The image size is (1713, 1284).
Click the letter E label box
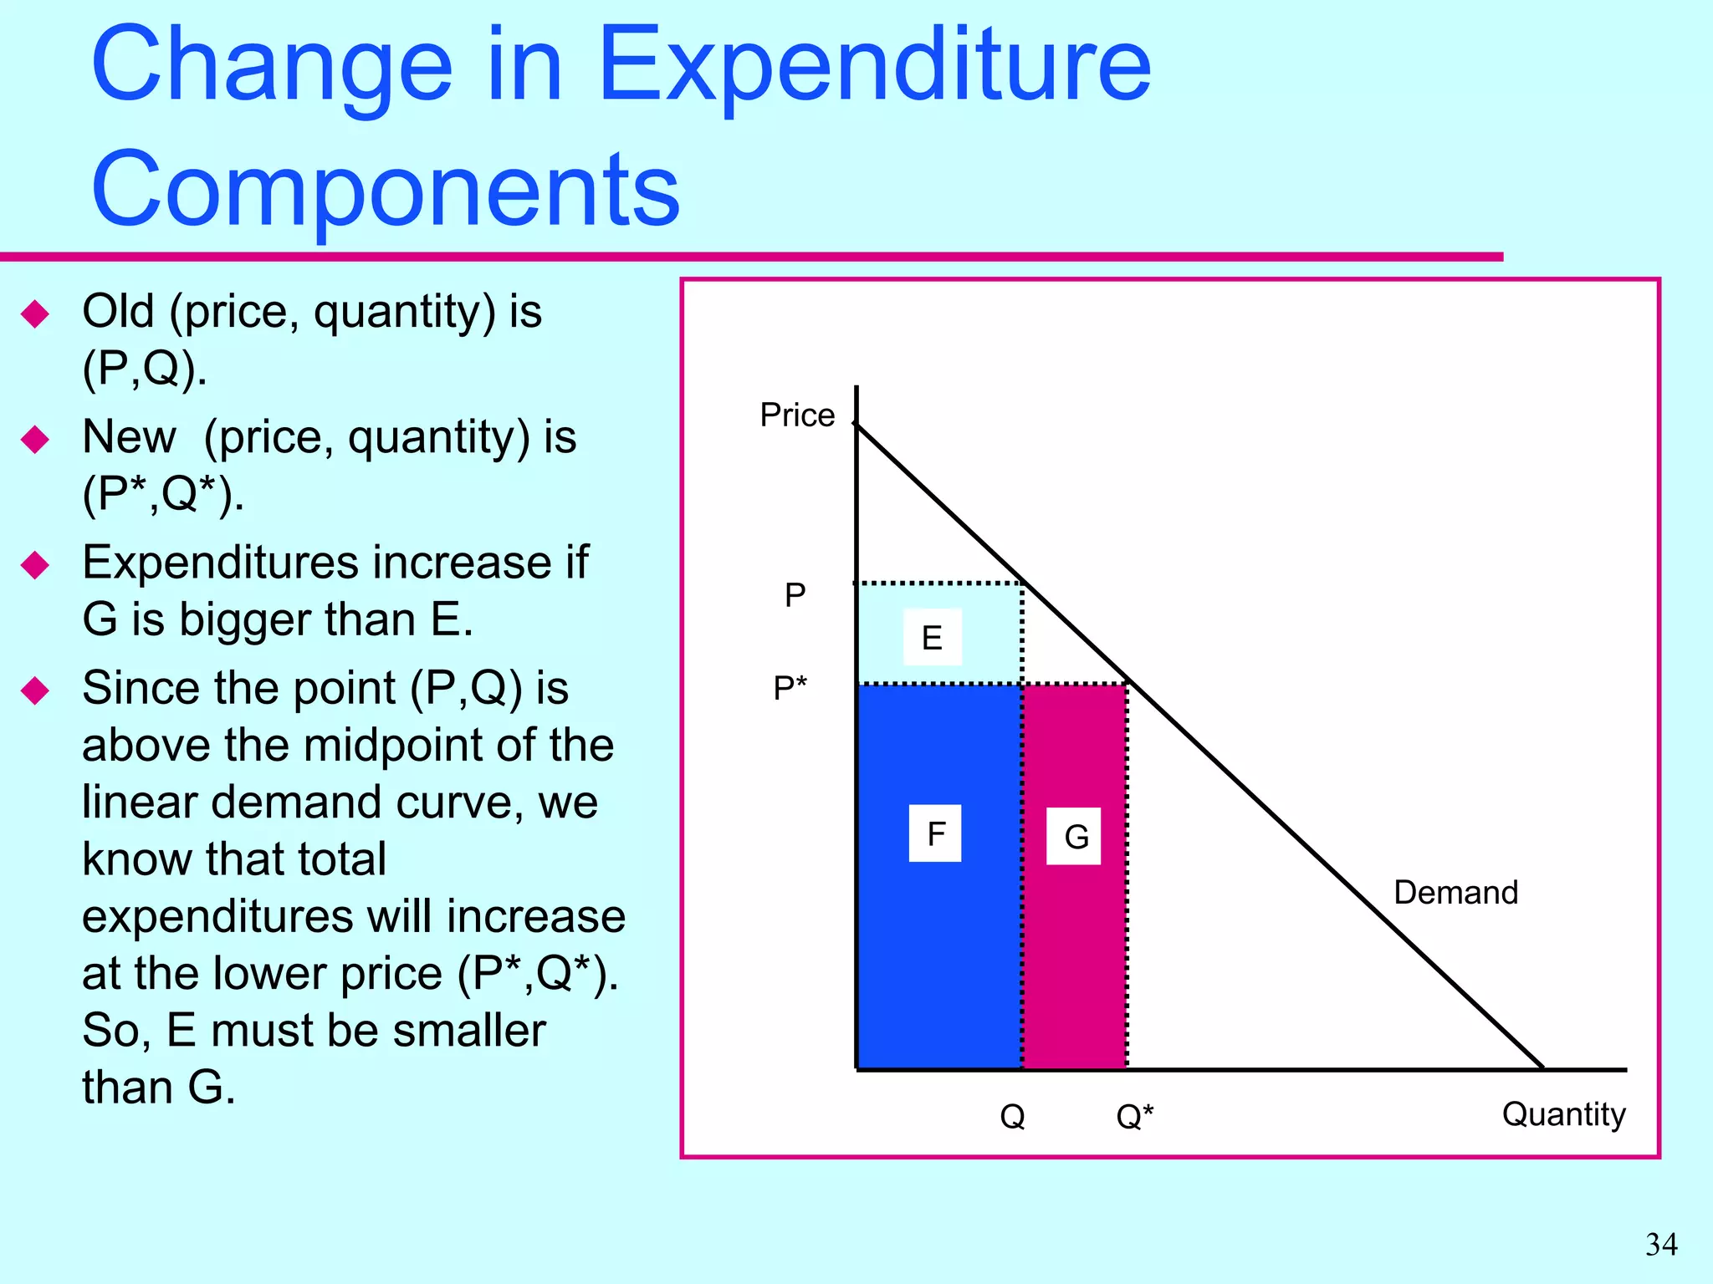pos(932,638)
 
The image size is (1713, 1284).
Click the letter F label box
pos(935,833)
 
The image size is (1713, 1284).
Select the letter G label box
pos(1074,836)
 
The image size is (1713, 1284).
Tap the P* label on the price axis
pos(790,689)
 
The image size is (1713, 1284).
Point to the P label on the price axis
pos(795,595)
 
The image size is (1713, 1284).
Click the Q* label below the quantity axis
pos(1135,1116)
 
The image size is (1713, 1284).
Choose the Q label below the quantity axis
pos(1012,1116)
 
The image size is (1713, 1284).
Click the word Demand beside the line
pos(1455,893)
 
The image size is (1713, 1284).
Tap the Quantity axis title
pos(1563,1114)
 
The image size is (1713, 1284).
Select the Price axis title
pos(796,415)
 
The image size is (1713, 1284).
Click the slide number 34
pos(1661,1245)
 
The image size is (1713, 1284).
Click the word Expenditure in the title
pos(874,67)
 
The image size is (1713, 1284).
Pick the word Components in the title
pos(386,191)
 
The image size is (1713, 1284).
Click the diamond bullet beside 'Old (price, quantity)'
pos(35,314)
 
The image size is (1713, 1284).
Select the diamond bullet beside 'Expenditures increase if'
pos(35,565)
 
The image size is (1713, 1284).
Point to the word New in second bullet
pos(130,437)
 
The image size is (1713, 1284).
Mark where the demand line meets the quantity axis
pos(1542,1068)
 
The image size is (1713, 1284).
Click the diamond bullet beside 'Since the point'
pos(35,690)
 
